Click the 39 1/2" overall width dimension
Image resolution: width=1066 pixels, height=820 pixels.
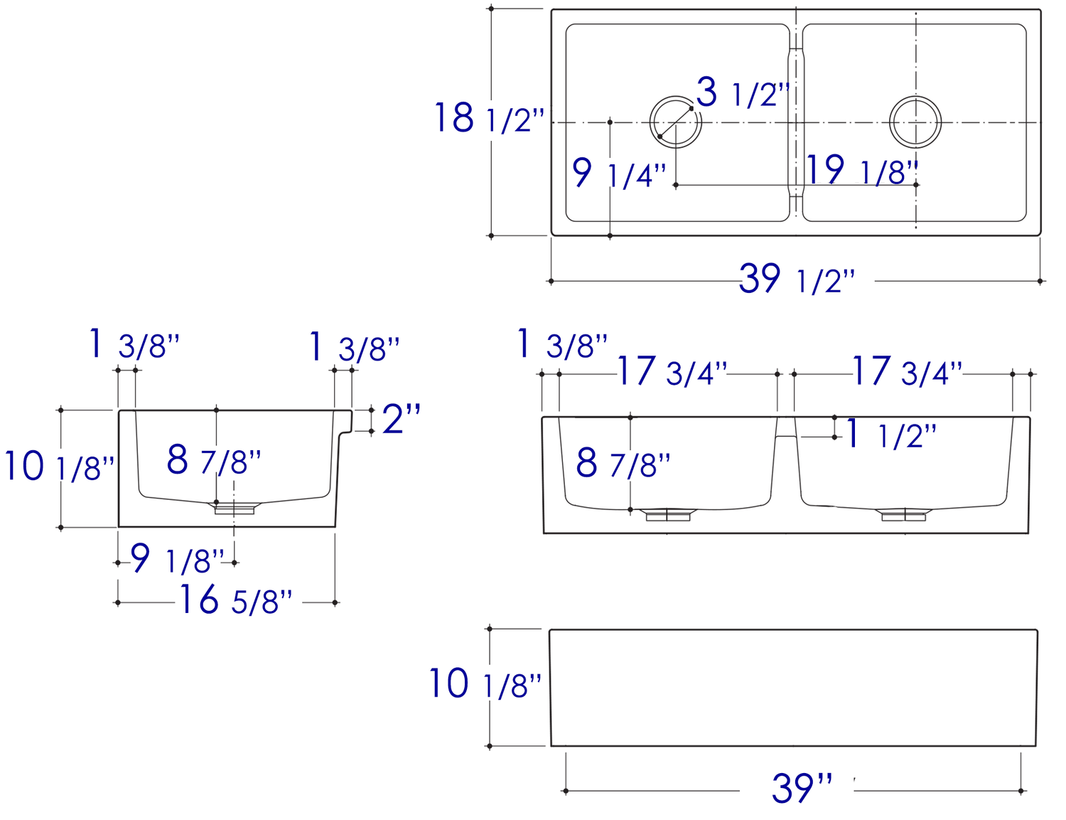click(797, 279)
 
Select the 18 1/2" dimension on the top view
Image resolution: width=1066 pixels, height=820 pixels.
click(489, 119)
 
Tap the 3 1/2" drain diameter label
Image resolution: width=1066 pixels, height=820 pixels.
click(742, 93)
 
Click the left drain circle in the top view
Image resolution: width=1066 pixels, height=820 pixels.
click(675, 122)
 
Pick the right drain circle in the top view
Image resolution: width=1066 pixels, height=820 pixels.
click(915, 122)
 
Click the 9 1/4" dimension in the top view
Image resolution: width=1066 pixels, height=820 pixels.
click(619, 174)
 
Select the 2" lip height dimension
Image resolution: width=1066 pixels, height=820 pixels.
click(401, 419)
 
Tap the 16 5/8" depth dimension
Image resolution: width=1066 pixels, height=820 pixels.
click(235, 600)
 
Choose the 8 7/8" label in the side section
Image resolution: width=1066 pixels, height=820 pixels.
click(214, 460)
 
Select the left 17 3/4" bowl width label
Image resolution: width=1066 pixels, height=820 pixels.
click(672, 372)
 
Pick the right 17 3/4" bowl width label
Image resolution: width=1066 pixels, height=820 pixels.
click(907, 372)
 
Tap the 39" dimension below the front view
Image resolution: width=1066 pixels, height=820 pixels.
click(802, 788)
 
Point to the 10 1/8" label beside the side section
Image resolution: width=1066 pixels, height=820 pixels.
click(59, 467)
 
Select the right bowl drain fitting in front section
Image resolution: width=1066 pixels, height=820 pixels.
click(903, 515)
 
